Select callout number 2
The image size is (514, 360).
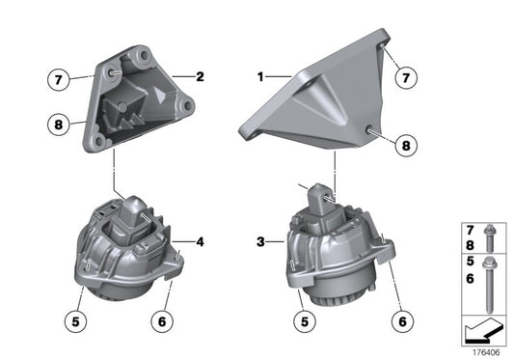[200, 75]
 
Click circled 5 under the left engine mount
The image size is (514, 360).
[72, 315]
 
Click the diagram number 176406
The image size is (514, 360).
[489, 351]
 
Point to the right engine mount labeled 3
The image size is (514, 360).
[333, 251]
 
